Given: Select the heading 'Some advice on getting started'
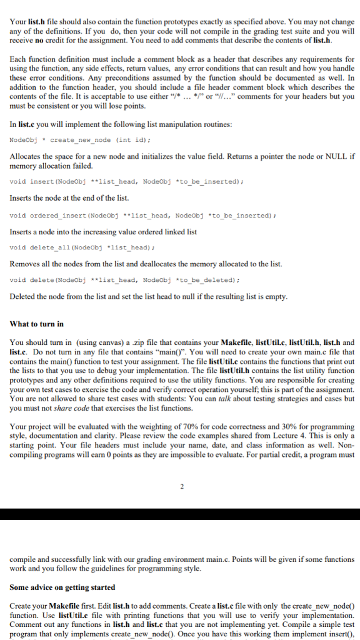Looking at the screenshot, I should pyautogui.click(x=62, y=587).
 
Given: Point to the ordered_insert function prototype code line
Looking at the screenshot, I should pyautogui.click(x=143, y=215).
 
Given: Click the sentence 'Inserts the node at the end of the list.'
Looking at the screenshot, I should pyautogui.click(x=69, y=198).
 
